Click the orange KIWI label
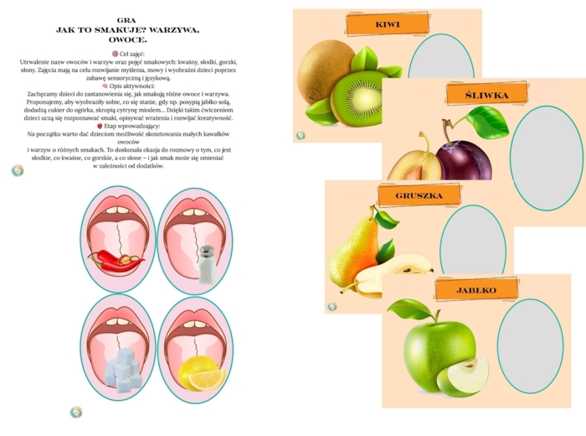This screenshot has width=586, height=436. pos(388,25)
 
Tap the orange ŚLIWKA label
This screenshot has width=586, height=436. pos(487,96)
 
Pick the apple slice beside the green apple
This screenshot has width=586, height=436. pos(464,377)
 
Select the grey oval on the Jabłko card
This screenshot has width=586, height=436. pos(530,346)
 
